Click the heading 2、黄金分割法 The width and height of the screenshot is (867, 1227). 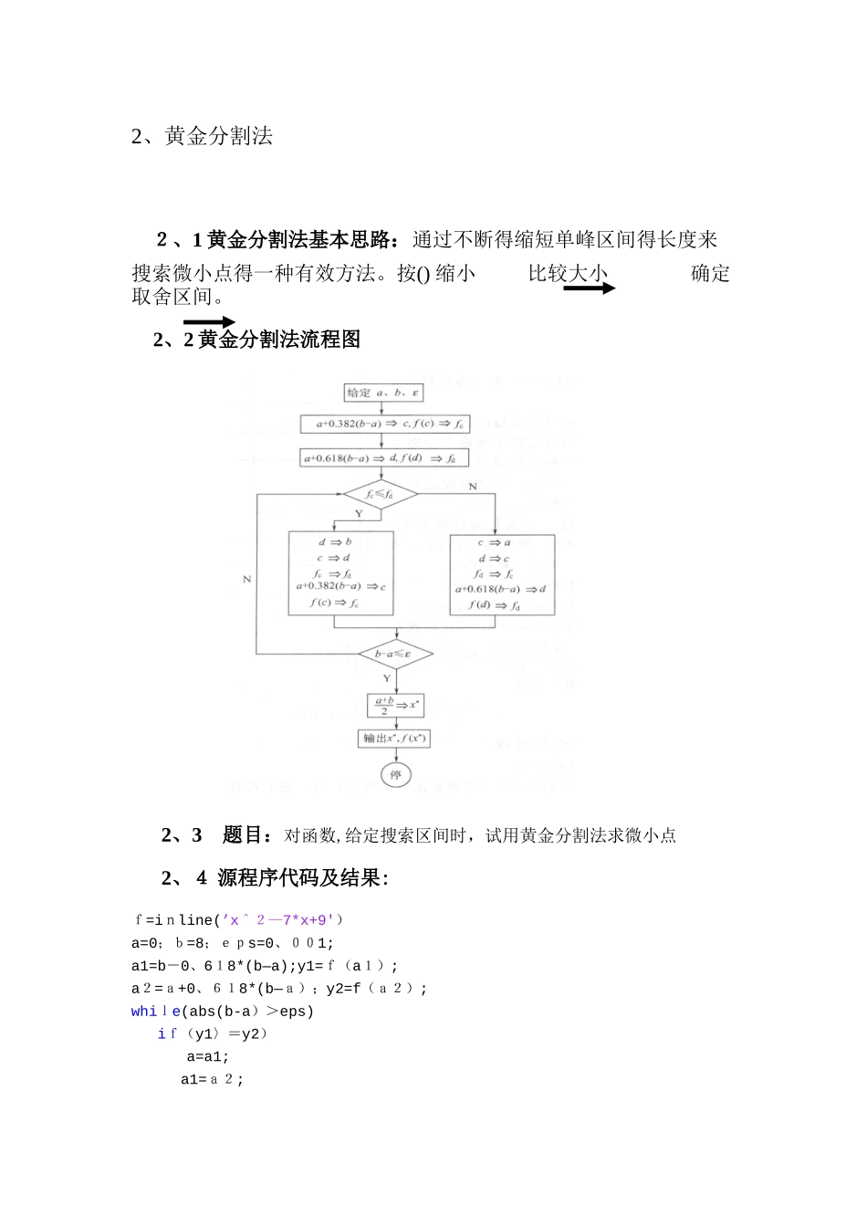click(x=202, y=137)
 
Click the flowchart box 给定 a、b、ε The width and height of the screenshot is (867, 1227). click(x=383, y=393)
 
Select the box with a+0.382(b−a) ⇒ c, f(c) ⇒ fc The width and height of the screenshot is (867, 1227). click(x=385, y=425)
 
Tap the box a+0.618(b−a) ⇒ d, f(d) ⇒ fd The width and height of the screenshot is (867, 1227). click(x=385, y=458)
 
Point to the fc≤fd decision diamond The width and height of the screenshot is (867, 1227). click(x=380, y=494)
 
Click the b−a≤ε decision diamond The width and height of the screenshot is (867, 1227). click(x=395, y=654)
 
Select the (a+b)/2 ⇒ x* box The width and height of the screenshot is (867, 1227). click(x=395, y=705)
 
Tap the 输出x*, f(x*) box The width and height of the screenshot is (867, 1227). click(x=395, y=738)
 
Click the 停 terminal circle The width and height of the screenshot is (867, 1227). click(x=395, y=775)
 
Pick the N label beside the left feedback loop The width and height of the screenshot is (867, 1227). click(x=246, y=579)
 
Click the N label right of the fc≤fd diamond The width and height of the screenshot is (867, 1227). click(x=473, y=487)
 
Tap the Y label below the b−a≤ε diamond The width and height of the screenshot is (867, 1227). click(x=387, y=678)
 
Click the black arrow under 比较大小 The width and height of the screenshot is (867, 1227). click(x=590, y=288)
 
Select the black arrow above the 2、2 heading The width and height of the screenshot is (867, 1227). click(x=209, y=322)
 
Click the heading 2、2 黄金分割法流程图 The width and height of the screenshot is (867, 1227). click(x=257, y=340)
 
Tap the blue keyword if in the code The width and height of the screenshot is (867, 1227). click(x=167, y=1034)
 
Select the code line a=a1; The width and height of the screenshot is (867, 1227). click(x=208, y=1057)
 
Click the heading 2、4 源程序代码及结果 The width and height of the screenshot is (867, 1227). click(x=275, y=878)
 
